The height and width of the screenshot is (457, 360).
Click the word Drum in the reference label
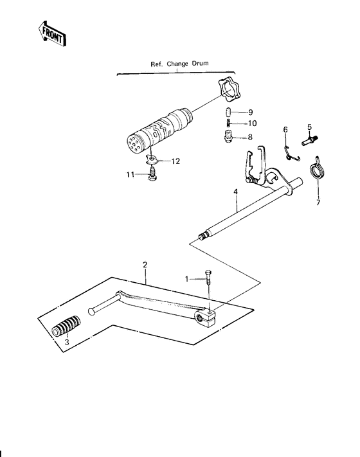(200, 63)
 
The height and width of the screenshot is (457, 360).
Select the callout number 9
(250, 112)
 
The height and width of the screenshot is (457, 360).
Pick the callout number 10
(252, 123)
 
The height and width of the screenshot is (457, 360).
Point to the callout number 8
(250, 137)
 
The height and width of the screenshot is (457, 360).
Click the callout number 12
(175, 161)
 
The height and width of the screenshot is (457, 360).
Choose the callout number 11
(130, 175)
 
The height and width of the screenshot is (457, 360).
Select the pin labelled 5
(310, 140)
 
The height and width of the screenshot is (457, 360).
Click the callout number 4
(235, 192)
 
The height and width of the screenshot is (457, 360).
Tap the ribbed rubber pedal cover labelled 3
(66, 326)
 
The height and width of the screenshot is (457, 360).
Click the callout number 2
(145, 265)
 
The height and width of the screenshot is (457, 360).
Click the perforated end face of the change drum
(136, 143)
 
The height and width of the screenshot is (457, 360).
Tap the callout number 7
(318, 202)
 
